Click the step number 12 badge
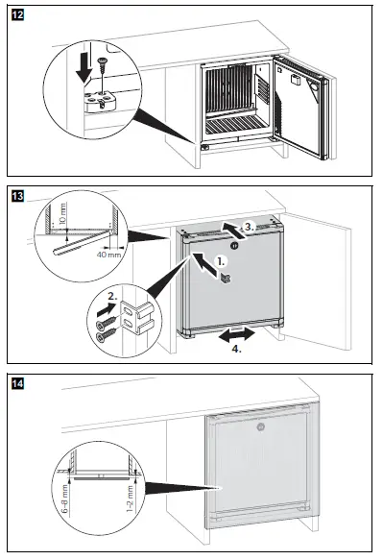[18, 15]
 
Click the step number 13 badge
[18, 196]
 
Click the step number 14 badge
[18, 384]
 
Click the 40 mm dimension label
[108, 255]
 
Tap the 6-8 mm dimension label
[65, 499]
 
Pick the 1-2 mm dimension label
[131, 499]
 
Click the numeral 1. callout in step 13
[222, 262]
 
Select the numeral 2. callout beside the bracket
[112, 296]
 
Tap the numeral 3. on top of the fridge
[250, 227]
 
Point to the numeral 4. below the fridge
[237, 349]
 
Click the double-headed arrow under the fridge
[237, 335]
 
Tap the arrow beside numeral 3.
[233, 230]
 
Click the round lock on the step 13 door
[234, 245]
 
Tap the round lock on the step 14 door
[260, 426]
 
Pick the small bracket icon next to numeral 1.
[226, 279]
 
